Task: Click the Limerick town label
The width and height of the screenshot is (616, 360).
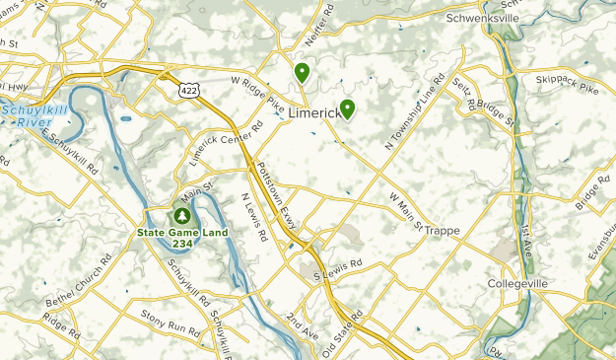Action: click(314, 115)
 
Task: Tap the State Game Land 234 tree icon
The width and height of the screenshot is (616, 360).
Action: click(181, 214)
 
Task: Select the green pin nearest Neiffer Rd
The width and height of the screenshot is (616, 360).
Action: click(302, 72)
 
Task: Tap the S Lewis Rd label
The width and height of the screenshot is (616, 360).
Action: click(338, 267)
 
